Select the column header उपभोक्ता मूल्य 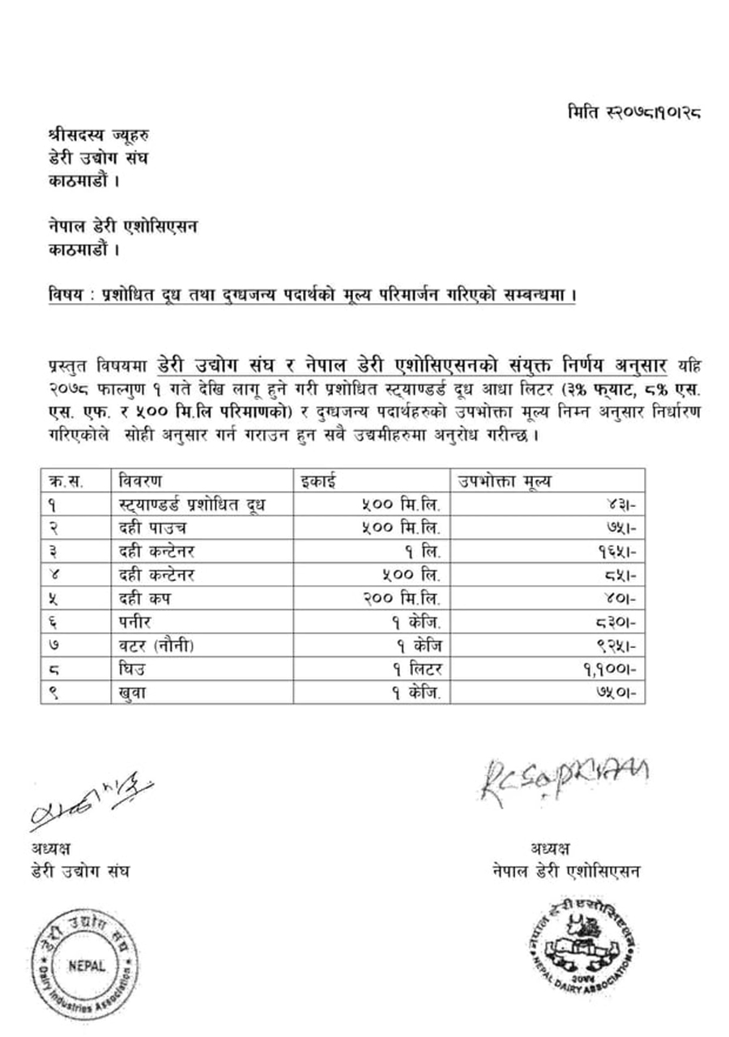tap(503, 480)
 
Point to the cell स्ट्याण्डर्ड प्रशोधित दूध tap(193, 505)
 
